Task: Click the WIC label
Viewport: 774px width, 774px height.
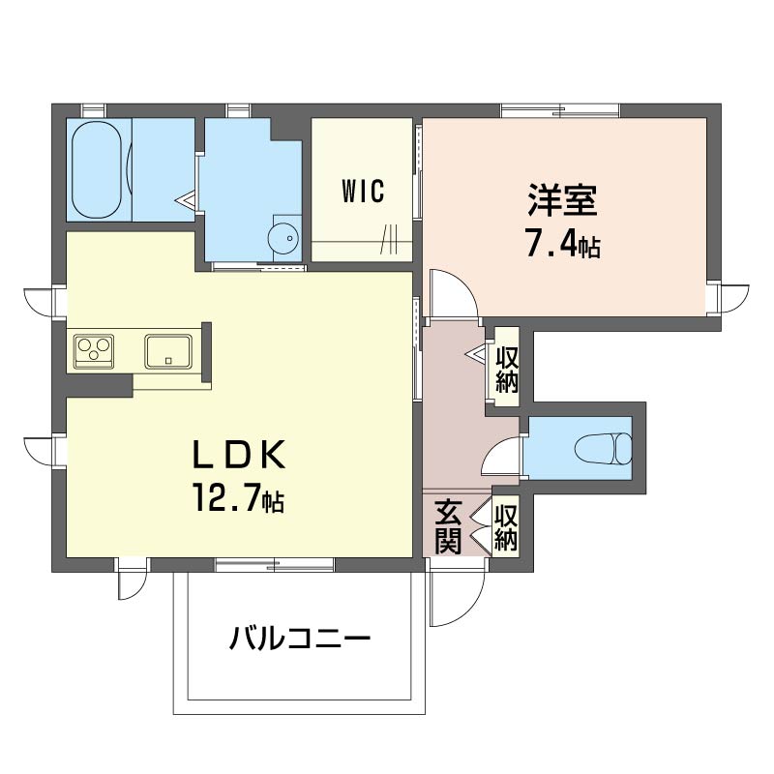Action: [363, 192]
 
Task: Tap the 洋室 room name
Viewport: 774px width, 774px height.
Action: [562, 200]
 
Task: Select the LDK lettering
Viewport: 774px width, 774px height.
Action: [239, 454]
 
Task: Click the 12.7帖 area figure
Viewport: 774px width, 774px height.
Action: [239, 497]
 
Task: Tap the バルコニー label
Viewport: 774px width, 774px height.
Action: [300, 639]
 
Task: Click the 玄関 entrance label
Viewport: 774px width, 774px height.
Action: [448, 526]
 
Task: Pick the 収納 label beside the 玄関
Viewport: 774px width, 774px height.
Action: [506, 527]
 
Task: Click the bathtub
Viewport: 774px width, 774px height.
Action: [96, 170]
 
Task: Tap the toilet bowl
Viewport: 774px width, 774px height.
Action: [603, 449]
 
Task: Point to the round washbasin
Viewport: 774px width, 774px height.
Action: [283, 239]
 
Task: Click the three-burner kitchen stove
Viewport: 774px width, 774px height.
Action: [94, 351]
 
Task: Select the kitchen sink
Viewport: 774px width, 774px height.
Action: [168, 351]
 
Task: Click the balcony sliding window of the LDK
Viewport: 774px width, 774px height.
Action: [275, 565]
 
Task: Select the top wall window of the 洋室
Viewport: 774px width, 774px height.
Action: [560, 110]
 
